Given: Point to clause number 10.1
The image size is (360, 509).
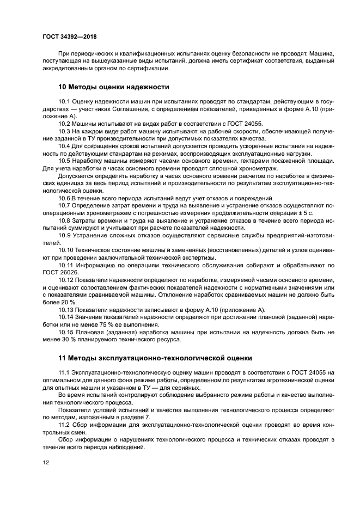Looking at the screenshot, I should [x=65, y=102].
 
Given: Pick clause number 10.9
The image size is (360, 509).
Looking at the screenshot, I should [x=65, y=235].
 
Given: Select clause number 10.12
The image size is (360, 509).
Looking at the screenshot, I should [x=66, y=279].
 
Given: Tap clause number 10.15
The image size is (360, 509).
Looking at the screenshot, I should [x=66, y=332].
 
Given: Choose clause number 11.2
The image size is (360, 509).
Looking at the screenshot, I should [x=65, y=424].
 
